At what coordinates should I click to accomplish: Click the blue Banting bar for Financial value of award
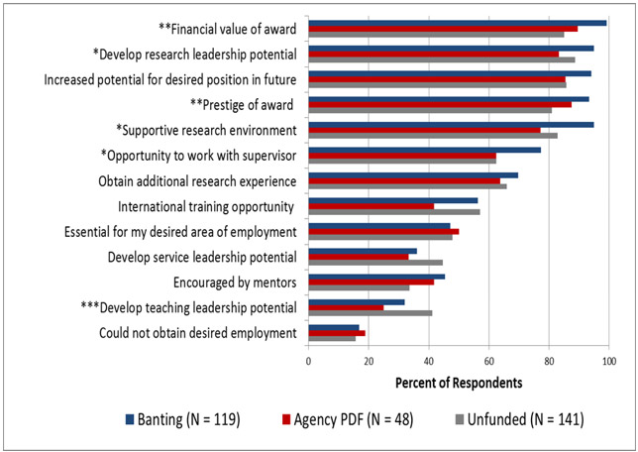(x=456, y=22)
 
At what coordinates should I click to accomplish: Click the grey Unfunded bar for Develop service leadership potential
(x=374, y=263)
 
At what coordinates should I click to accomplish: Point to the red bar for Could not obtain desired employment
(x=337, y=333)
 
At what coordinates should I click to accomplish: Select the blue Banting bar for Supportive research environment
(x=451, y=124)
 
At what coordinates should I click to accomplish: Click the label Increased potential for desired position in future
(x=163, y=78)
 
